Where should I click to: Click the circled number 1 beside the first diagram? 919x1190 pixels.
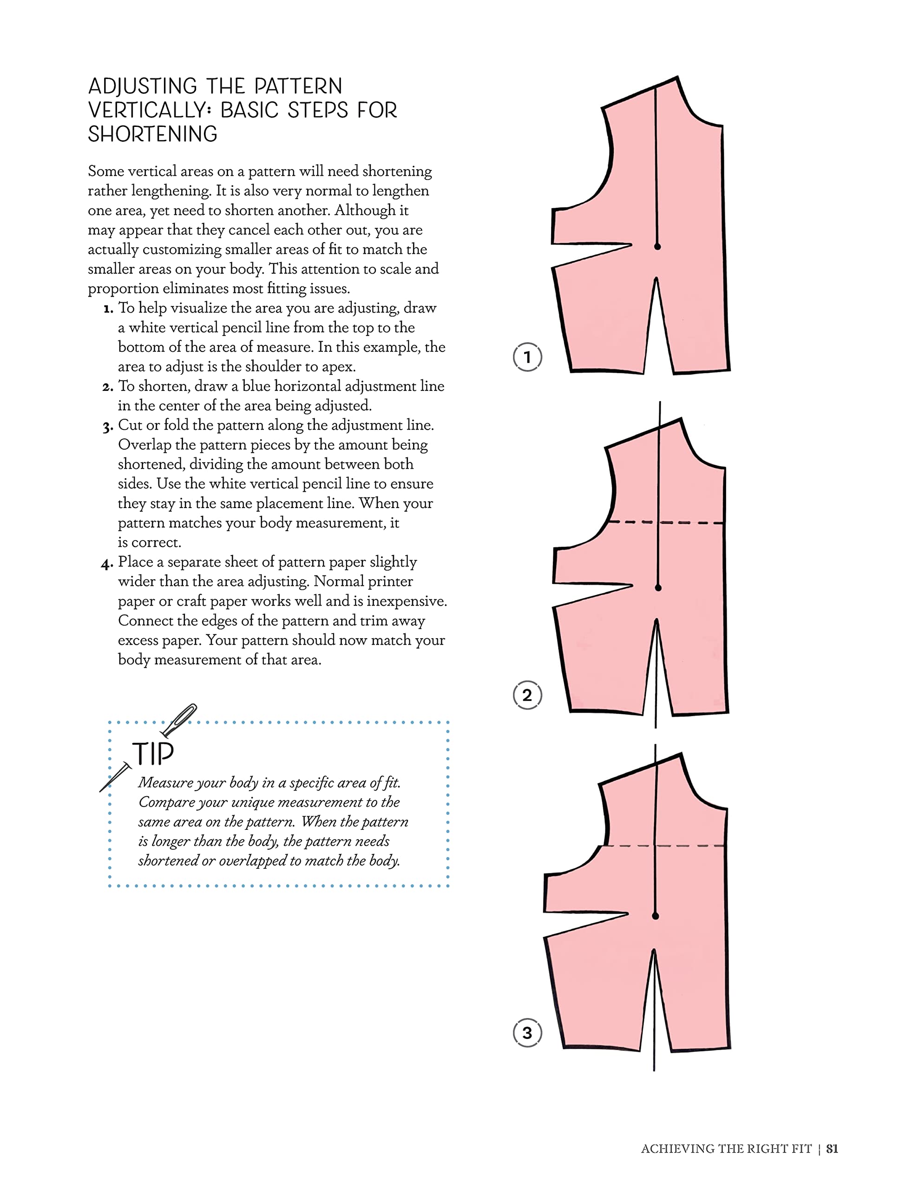click(x=527, y=357)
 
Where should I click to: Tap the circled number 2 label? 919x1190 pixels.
click(x=527, y=695)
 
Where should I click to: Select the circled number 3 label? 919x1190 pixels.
click(x=527, y=1033)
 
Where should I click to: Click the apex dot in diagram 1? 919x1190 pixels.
click(x=657, y=247)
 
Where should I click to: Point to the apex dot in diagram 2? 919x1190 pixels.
click(x=658, y=588)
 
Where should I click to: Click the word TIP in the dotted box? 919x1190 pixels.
click(x=153, y=754)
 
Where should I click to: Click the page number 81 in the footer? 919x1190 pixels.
click(x=832, y=1149)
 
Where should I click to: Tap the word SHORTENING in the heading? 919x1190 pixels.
click(x=152, y=134)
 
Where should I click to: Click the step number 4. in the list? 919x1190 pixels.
click(x=107, y=563)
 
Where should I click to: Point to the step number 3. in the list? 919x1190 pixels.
click(x=107, y=427)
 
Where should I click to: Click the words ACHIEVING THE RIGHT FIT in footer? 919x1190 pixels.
click(x=726, y=1149)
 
